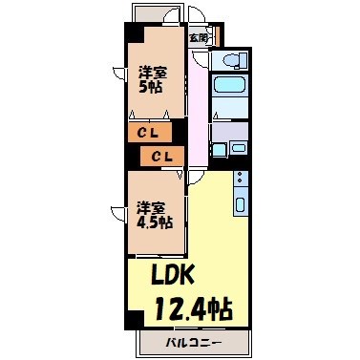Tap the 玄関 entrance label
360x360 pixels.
click(x=198, y=37)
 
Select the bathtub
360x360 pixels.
click(x=229, y=95)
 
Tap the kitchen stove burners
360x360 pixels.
click(x=240, y=179)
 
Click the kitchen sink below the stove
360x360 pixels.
click(x=240, y=202)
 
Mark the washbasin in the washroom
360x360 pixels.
click(x=238, y=150)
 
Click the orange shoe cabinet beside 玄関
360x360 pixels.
click(x=218, y=37)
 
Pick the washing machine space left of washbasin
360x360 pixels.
click(x=217, y=149)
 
